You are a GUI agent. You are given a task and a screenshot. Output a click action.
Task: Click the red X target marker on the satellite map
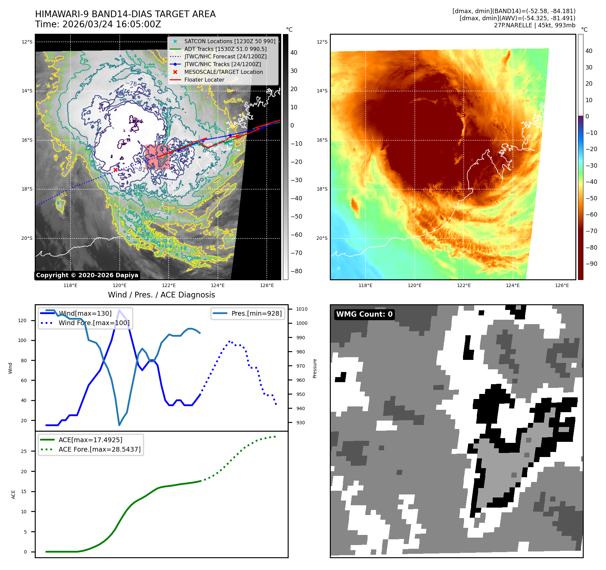[115, 170]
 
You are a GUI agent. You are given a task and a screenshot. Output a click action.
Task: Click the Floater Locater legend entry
[204, 80]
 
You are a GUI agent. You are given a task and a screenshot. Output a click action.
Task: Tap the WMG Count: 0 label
[364, 314]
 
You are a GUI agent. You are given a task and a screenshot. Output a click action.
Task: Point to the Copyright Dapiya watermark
[87, 275]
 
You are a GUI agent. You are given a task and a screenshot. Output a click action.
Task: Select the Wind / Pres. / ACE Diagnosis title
[161, 295]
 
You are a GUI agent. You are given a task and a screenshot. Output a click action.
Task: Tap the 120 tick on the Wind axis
[22, 320]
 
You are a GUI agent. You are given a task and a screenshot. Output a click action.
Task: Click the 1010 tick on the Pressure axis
[302, 309]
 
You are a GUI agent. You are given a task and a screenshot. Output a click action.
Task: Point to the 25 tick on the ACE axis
[24, 451]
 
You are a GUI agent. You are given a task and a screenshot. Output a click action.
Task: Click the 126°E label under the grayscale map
[267, 285]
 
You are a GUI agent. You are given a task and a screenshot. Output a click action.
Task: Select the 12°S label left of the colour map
[322, 42]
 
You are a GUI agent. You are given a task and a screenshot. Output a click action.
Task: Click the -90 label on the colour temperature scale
[591, 264]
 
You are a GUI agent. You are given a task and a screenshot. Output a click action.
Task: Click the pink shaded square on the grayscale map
[157, 157]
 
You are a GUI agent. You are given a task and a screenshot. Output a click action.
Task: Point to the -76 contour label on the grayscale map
[131, 84]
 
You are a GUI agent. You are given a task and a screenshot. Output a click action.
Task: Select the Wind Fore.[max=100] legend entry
[94, 323]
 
